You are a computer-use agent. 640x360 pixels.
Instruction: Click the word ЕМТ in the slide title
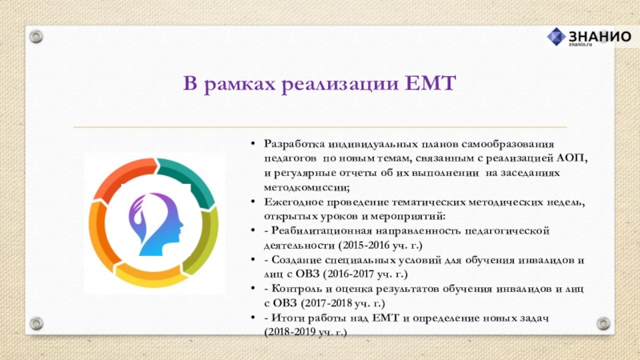[x=430, y=83]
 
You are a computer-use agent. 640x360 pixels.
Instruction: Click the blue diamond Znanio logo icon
[x=556, y=37]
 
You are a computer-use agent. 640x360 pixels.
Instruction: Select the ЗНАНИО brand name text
[x=599, y=36]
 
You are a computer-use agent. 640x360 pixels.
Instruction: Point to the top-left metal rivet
[x=36, y=37]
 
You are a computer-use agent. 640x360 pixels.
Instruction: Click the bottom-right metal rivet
[x=603, y=324]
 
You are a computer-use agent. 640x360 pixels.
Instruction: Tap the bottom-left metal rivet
[x=36, y=324]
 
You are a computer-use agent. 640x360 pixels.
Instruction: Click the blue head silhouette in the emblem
[x=157, y=225]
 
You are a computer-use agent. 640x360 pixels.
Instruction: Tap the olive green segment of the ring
[x=202, y=241]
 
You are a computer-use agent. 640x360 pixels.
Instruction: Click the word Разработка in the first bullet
[x=294, y=144]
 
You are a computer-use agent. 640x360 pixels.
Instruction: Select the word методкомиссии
[x=306, y=187]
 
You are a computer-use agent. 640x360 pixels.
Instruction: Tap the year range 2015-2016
[x=369, y=246]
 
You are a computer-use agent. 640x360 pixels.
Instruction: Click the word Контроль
[x=296, y=289]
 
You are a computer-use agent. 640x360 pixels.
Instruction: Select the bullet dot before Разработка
[x=253, y=144]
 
